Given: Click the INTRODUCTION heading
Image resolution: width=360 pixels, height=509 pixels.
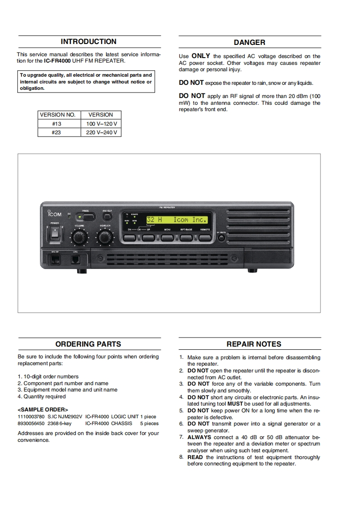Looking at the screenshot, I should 89,42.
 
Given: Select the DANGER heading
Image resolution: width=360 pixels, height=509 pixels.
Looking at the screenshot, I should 249,43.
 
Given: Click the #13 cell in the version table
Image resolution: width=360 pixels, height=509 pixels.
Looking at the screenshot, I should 57,124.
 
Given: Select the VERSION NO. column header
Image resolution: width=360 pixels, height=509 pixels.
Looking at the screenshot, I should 57,115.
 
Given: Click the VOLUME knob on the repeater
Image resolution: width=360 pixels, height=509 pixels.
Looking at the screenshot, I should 79,236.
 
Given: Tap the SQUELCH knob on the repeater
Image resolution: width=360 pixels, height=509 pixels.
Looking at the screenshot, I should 105,236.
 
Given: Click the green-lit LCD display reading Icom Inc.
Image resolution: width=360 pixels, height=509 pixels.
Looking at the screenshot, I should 177,220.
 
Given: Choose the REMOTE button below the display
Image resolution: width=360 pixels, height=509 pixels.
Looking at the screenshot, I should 205,236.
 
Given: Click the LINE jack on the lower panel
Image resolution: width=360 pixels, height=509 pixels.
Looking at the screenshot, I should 75,260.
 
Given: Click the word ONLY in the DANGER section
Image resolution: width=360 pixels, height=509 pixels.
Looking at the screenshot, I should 201,56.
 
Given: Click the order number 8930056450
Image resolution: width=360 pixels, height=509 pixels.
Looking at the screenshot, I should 31,423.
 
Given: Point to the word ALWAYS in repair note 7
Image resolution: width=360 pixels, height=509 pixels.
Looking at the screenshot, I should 199,437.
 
